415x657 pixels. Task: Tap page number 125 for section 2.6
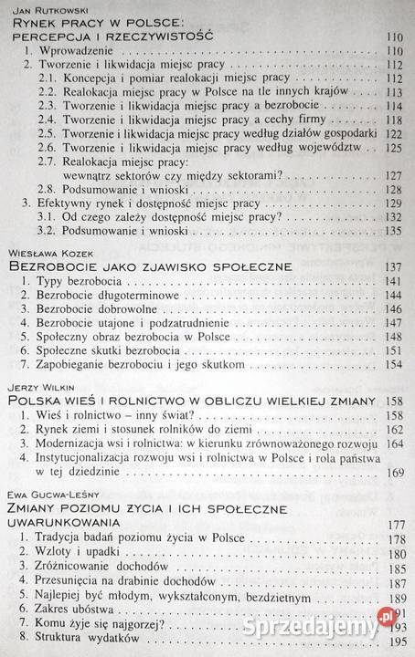(394, 158)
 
